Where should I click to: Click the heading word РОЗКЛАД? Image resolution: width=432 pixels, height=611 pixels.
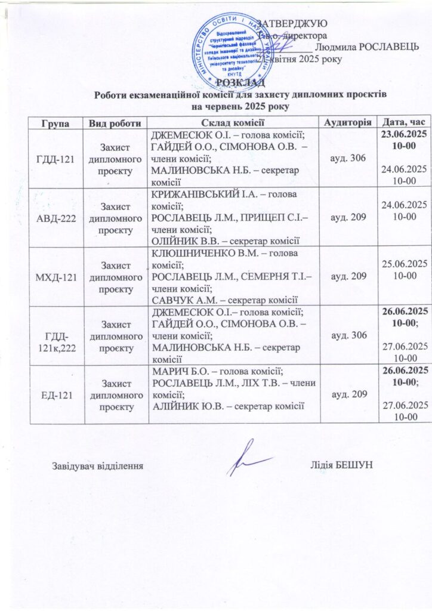point(239,82)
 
